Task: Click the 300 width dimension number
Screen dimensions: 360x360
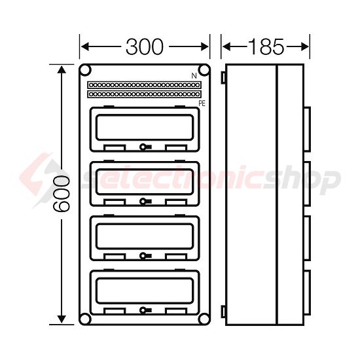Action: tap(145, 46)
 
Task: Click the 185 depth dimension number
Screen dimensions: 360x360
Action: tap(266, 46)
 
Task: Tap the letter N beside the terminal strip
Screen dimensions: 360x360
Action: tap(194, 77)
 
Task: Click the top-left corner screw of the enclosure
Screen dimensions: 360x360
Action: tap(85, 70)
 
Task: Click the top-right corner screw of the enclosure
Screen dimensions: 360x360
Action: tap(204, 70)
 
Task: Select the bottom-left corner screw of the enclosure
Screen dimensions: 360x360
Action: tap(85, 319)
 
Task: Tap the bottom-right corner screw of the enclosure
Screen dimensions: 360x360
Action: tap(204, 319)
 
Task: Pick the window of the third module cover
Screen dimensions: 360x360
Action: tap(144, 235)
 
